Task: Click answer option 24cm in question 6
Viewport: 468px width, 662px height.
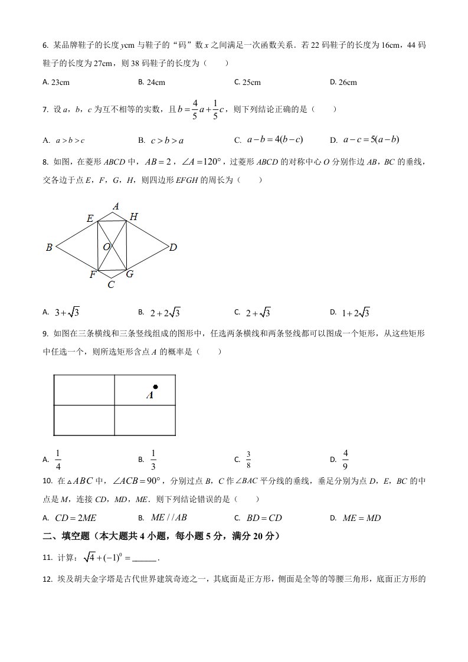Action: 155,83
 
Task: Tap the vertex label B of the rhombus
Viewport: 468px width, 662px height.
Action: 50,248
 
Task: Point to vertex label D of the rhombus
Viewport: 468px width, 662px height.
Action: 173,248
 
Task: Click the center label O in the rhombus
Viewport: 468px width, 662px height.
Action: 106,247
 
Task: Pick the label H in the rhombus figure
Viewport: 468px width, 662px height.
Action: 133,218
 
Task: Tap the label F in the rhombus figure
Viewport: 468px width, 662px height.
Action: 93,274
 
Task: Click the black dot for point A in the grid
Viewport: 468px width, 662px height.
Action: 155,387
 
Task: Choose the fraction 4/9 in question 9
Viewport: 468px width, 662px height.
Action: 346,458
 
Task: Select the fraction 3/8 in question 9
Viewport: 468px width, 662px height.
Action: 248,458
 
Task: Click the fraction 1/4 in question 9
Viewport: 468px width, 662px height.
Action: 58,458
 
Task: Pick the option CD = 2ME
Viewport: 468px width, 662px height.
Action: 76,518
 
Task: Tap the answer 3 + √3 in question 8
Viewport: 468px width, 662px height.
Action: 67,312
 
